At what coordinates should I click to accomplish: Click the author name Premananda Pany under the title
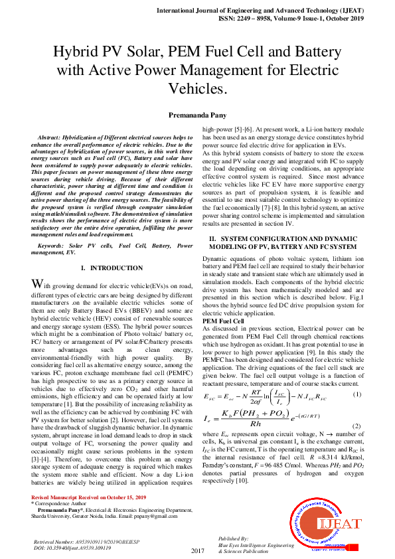198,114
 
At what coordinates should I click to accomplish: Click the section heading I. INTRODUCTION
107,268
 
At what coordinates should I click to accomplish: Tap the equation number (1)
356,395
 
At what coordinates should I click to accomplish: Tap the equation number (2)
356,425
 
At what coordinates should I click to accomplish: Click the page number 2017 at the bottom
197,551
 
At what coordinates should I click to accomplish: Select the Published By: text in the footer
233,538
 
